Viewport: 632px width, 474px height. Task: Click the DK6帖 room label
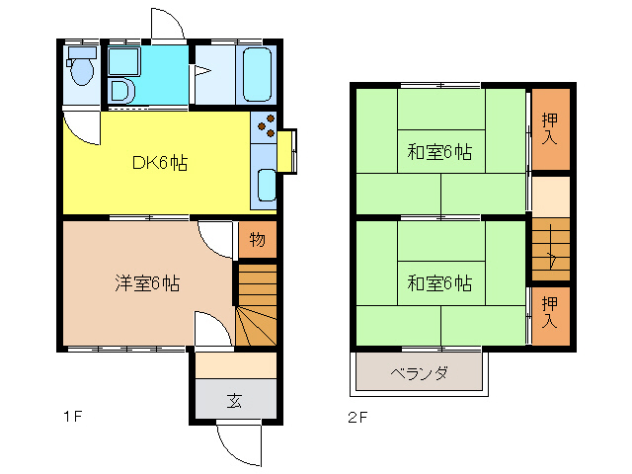tap(160, 164)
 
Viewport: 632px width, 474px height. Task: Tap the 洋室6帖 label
tap(146, 283)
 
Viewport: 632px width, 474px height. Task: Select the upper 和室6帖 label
tap(439, 153)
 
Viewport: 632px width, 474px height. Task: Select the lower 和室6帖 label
tap(439, 283)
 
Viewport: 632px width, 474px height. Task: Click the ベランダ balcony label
tap(420, 373)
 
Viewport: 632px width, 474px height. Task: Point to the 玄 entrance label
tap(235, 401)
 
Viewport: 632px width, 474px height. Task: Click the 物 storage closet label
tap(256, 239)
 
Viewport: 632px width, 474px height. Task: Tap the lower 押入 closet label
tap(551, 311)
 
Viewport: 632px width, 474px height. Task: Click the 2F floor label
tap(356, 417)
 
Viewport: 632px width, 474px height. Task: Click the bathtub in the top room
tap(256, 73)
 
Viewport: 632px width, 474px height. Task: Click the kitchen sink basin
tap(266, 184)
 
